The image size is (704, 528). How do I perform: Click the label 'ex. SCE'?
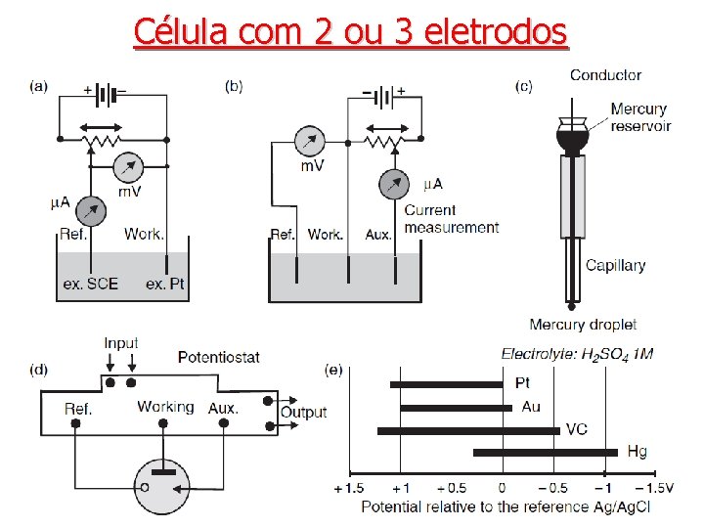pos(91,284)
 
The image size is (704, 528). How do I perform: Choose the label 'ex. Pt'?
pos(165,284)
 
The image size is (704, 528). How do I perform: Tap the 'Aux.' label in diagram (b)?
pos(377,235)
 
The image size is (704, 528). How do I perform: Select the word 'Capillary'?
pos(615,265)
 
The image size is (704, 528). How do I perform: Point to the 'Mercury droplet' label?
pos(583,325)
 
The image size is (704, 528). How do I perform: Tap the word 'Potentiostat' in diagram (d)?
pos(219,358)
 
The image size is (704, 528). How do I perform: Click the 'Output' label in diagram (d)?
pos(303,412)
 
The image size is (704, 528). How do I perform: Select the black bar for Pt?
pos(446,384)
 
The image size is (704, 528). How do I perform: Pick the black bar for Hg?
pos(546,452)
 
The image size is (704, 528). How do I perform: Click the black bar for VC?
pos(468,429)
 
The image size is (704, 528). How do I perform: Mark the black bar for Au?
pos(456,407)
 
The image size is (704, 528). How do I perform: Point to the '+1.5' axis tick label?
pos(350,488)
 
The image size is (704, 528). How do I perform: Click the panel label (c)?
pos(524,86)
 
